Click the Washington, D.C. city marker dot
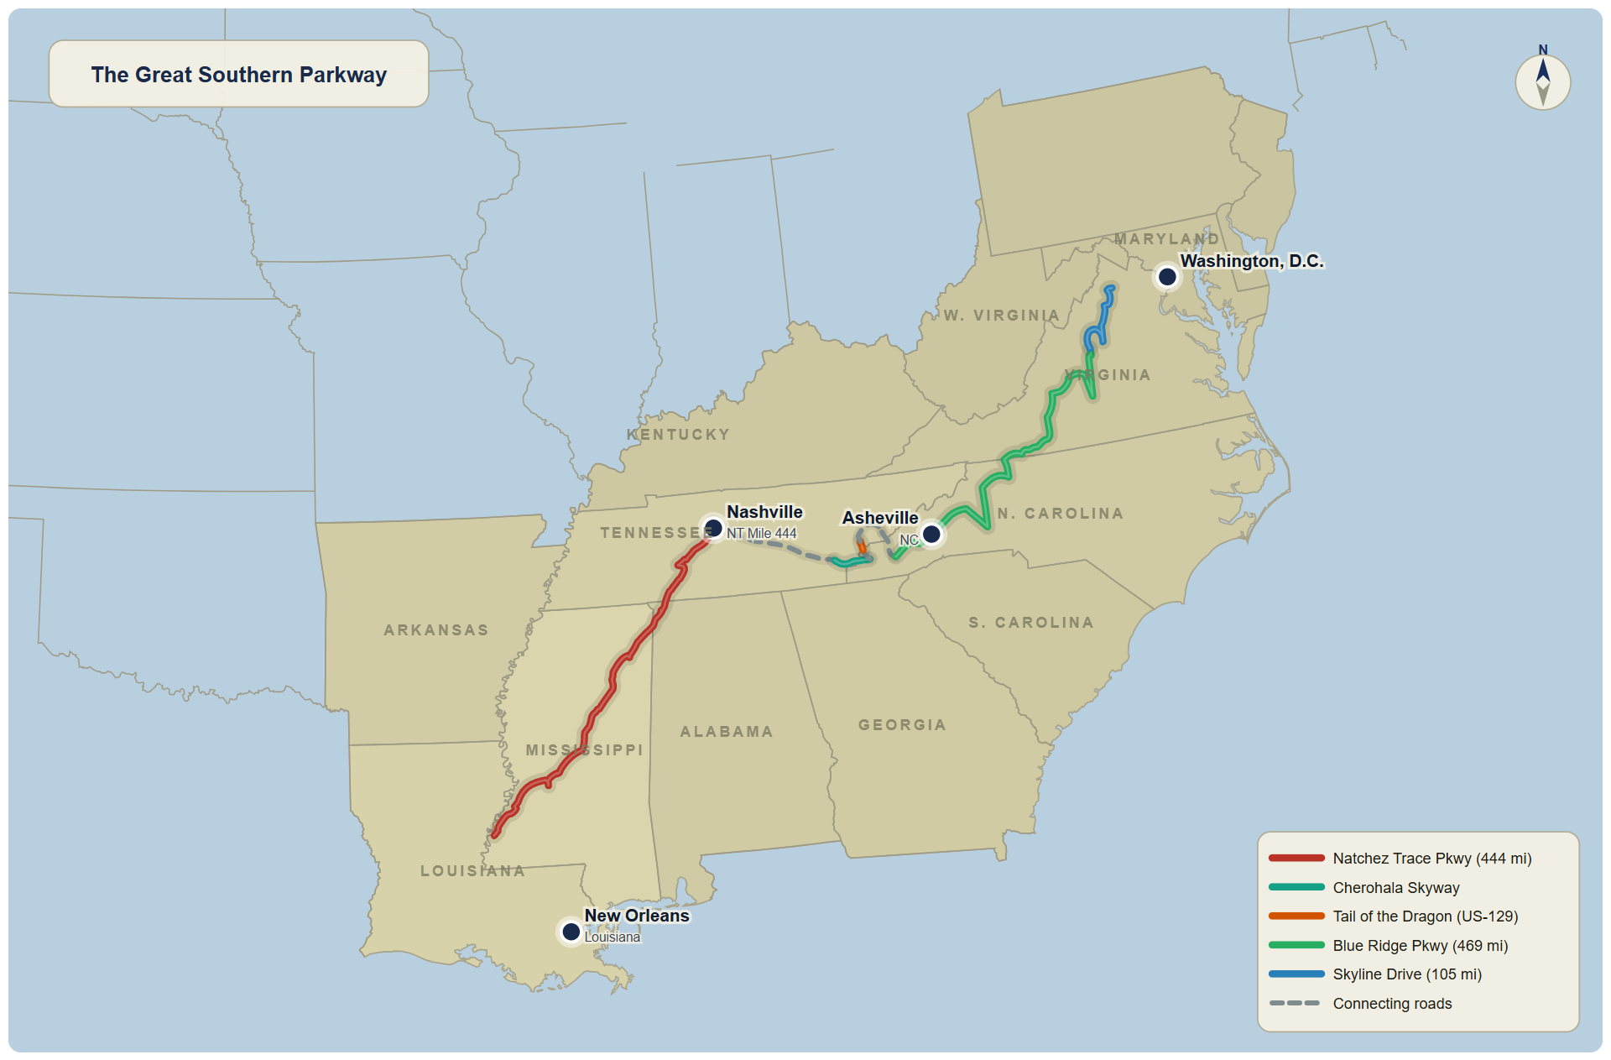pos(1166,276)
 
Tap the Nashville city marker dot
pos(713,528)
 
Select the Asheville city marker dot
pos(931,534)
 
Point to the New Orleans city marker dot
pos(571,932)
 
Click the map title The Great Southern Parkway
pos(238,75)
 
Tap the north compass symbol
pos(1542,81)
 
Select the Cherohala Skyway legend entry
pos(1395,888)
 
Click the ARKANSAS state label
pos(435,630)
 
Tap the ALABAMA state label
pos(726,732)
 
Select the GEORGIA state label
pos(902,725)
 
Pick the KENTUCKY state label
pos(678,435)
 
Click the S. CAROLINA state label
pos(1031,623)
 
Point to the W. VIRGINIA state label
pos(1002,316)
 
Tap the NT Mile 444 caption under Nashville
pos(761,534)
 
